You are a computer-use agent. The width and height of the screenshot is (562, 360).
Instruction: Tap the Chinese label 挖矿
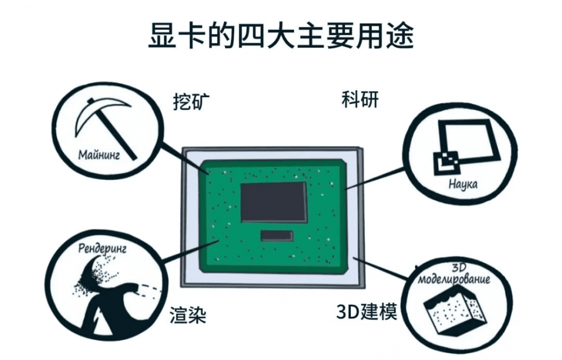[192, 102]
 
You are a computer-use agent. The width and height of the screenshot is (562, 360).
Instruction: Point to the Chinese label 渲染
[188, 316]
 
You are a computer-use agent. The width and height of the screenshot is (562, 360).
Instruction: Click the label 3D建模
[367, 311]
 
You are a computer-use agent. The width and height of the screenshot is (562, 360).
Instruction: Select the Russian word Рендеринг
[101, 248]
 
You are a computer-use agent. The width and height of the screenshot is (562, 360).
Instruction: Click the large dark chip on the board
[274, 201]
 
